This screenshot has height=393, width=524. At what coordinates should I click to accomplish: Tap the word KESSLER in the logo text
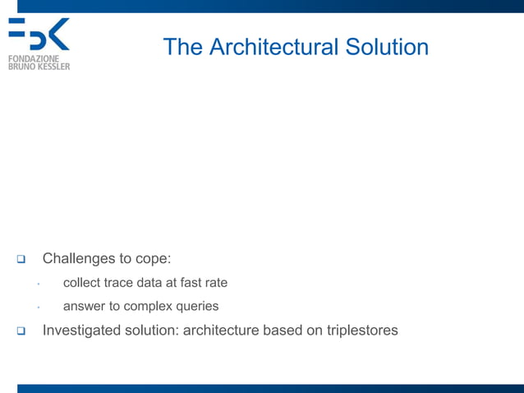tap(53, 67)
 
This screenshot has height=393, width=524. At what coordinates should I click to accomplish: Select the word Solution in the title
tap(386, 47)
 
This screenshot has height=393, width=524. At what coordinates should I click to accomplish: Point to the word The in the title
tap(182, 47)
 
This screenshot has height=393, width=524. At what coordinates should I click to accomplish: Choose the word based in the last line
tap(280, 331)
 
